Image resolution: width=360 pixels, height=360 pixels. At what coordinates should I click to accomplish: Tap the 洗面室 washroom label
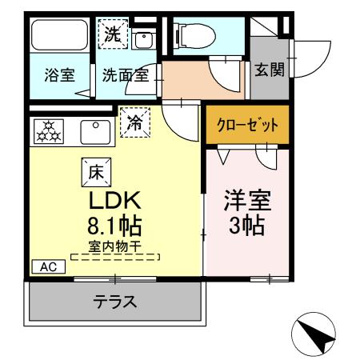pos(126,78)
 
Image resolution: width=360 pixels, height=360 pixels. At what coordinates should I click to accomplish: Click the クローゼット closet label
pos(247,126)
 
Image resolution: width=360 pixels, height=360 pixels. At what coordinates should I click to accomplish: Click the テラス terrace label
pos(114,302)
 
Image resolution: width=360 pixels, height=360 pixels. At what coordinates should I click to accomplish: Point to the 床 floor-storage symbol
pos(94,170)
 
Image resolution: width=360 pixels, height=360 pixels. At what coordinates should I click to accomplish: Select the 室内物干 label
pos(114,247)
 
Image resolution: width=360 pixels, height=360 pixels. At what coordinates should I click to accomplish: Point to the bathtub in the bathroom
pos(59,36)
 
